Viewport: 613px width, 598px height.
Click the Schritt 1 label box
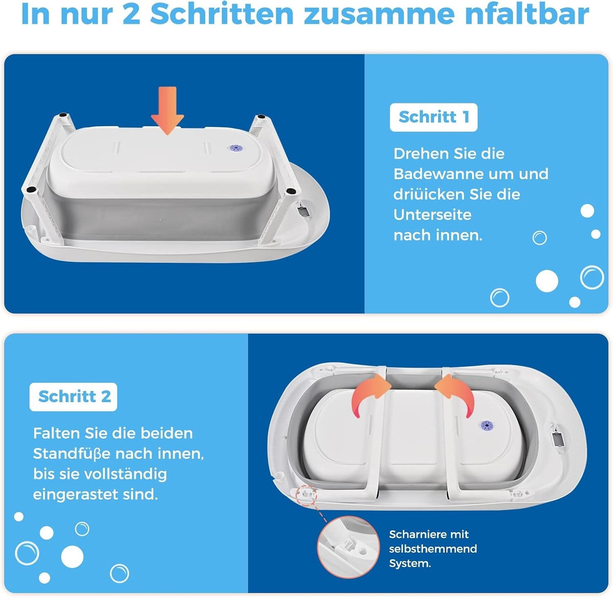point(434,117)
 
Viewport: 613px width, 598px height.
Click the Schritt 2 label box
point(74,396)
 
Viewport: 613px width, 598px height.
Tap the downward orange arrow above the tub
point(167,111)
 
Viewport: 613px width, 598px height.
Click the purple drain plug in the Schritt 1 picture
point(234,148)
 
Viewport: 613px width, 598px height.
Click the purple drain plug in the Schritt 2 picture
point(487,426)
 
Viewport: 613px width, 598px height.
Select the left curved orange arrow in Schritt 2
point(368,395)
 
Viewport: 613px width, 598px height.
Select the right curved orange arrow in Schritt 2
point(456,395)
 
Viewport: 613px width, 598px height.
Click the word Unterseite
point(432,215)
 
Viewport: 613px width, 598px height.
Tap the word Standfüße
point(72,454)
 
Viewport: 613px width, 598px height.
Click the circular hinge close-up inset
point(348,546)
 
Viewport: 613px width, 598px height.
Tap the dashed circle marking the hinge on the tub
point(305,495)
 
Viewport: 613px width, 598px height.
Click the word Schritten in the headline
point(222,14)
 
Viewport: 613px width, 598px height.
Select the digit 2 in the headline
point(131,14)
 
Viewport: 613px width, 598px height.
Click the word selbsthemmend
point(433,549)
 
